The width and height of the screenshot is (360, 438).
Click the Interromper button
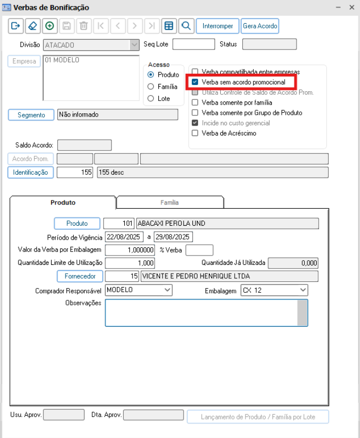coord(218,26)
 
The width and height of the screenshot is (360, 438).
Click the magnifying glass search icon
coord(187,26)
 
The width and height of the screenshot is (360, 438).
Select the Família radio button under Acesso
coord(151,87)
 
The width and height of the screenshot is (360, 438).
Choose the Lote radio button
coord(151,98)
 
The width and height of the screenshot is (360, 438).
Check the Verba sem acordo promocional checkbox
coord(195,82)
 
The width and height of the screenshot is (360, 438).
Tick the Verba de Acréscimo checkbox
coord(195,133)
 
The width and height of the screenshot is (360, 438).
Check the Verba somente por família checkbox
coord(195,103)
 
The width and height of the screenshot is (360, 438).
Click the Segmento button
coord(31,115)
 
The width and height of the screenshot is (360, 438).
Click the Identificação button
coord(30,173)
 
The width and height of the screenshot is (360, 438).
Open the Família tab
coord(170,203)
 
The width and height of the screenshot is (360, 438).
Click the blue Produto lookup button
coord(77,224)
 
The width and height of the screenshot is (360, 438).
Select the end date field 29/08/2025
coord(173,237)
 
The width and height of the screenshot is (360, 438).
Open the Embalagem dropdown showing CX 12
coord(274,290)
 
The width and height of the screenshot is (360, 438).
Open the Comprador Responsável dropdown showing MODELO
coord(138,290)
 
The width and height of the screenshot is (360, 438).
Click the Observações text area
coord(201,312)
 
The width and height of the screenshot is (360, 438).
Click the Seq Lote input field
coord(193,44)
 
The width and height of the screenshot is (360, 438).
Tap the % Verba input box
coord(199,250)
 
